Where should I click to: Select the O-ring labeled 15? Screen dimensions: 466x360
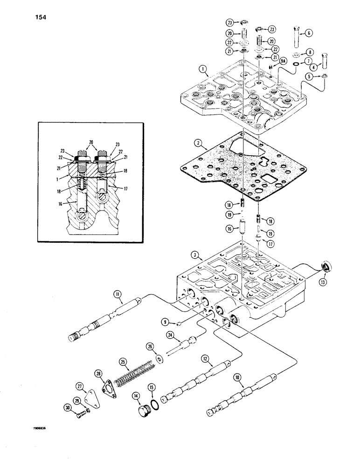[x=157, y=404]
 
